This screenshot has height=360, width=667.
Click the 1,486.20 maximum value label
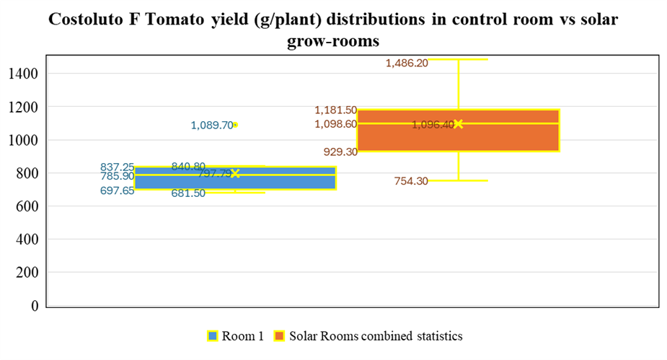click(407, 63)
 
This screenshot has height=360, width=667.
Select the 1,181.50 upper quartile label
click(335, 110)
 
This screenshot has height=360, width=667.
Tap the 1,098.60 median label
click(335, 124)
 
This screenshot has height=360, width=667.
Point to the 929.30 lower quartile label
click(340, 152)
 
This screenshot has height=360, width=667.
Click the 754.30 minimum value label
click(411, 181)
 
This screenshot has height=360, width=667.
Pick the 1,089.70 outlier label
click(212, 126)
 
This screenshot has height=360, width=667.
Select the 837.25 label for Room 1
click(117, 167)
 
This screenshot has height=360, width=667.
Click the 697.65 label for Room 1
click(117, 191)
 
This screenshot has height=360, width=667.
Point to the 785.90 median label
click(117, 176)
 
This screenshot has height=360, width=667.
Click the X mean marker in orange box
click(458, 124)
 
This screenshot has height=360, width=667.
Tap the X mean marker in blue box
click(235, 173)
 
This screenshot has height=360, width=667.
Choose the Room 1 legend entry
click(235, 335)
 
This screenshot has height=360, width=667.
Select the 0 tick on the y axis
click(34, 306)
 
